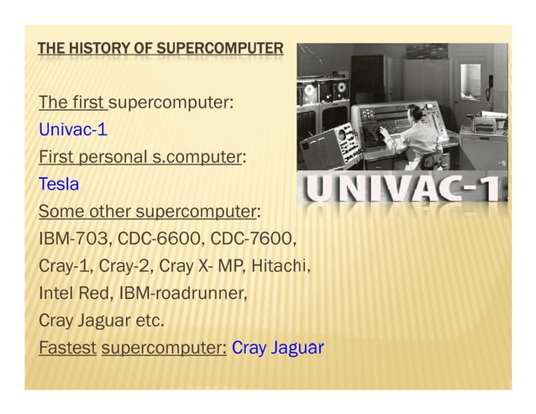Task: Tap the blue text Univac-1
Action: coord(72,130)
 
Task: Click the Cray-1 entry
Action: coord(65,268)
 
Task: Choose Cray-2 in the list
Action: coord(125,268)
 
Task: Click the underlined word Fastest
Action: coord(67,347)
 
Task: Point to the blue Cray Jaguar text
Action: coord(277,347)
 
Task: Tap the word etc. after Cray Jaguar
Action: coord(149,321)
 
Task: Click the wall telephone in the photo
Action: coord(491,82)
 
